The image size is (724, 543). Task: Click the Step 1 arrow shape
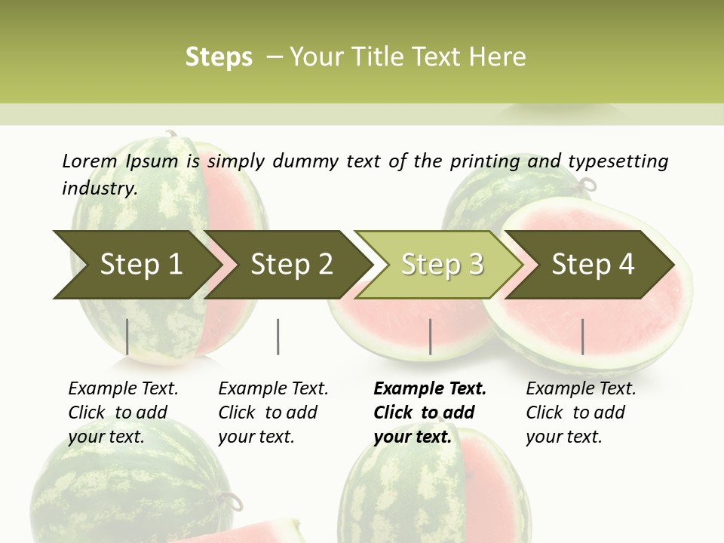[140, 265]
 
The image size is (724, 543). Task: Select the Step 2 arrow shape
[291, 265]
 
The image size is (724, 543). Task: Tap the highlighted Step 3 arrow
[442, 265]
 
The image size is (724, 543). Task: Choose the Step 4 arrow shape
[593, 265]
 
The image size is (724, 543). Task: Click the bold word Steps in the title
[219, 57]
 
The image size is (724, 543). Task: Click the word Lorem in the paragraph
[90, 161]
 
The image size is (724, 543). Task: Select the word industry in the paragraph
[99, 188]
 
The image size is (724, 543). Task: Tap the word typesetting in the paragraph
[618, 161]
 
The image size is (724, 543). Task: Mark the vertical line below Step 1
[127, 336]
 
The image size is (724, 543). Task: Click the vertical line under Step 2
[278, 336]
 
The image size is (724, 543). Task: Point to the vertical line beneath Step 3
[430, 336]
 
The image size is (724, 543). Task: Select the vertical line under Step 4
[582, 336]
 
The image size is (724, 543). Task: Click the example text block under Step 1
[123, 413]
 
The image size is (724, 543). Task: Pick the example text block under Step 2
[273, 413]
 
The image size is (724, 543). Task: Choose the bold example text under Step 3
[430, 413]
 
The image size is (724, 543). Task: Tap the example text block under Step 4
[581, 413]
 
